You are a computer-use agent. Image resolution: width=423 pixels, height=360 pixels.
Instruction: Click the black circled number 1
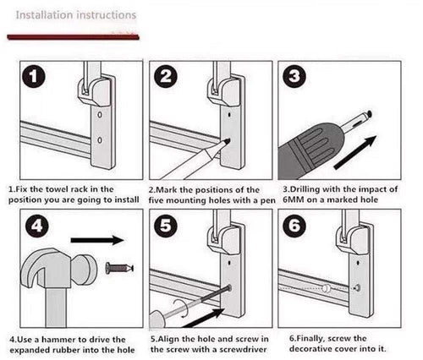point(34,77)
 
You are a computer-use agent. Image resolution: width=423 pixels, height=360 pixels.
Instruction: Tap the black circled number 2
point(166,77)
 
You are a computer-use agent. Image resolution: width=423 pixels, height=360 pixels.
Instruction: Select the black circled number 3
point(294,76)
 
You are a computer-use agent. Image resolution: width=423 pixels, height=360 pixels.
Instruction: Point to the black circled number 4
point(37,226)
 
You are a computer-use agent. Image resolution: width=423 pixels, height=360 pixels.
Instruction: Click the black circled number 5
point(166,226)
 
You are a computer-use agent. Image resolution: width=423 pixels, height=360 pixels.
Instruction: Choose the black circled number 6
point(294,225)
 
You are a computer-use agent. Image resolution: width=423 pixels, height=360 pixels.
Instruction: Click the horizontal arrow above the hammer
point(97,240)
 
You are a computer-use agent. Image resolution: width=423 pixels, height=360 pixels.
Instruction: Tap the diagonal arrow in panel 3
point(355,152)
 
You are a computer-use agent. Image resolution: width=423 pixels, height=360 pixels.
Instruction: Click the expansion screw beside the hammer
point(119,267)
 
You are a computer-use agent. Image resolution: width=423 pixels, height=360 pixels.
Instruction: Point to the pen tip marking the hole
point(227,140)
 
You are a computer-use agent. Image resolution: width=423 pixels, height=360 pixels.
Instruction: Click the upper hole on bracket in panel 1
point(100,115)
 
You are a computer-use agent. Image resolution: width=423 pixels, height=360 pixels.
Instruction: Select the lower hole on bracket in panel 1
point(100,140)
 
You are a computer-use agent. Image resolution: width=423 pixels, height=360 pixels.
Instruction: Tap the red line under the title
point(74,37)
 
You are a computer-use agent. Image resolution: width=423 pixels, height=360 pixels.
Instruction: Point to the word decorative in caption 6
point(314,349)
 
